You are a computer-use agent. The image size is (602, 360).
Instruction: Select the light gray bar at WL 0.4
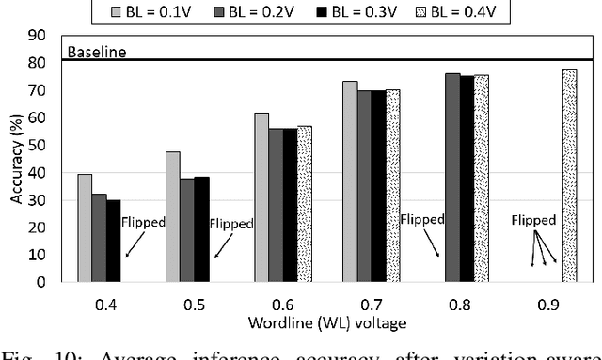(x=85, y=227)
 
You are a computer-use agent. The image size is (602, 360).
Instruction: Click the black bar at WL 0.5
(x=200, y=229)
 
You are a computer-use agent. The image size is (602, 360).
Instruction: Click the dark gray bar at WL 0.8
(x=454, y=178)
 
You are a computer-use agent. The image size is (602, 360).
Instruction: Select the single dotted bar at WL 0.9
(x=569, y=176)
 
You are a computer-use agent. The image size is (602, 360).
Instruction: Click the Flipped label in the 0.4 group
(x=142, y=223)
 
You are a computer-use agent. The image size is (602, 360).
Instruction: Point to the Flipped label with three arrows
(x=533, y=221)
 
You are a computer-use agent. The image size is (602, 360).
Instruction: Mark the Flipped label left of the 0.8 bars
(x=421, y=219)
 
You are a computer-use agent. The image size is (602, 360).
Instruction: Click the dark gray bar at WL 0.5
(x=186, y=230)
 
